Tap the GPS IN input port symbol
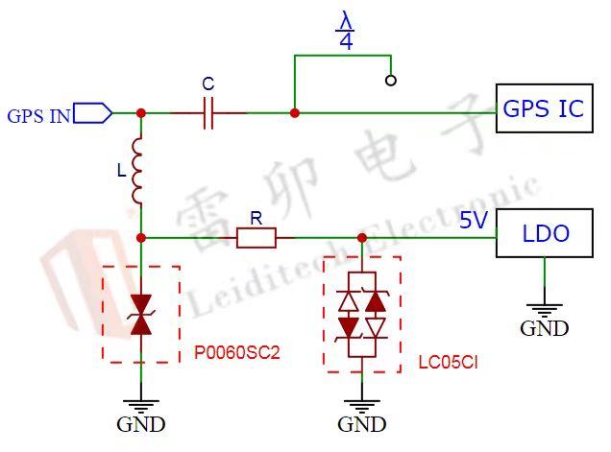93,113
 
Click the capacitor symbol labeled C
208,113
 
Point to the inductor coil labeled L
137,171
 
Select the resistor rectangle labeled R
257,238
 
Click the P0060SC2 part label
237,352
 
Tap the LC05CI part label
448,363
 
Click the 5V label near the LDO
474,220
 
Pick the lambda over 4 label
346,31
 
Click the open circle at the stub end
391,81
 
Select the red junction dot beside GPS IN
141,113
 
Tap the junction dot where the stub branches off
295,113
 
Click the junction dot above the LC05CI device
362,237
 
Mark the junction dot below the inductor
141,237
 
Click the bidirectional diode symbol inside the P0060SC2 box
141,315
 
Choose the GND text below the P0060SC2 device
141,424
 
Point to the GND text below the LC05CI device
362,424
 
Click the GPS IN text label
39,116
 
